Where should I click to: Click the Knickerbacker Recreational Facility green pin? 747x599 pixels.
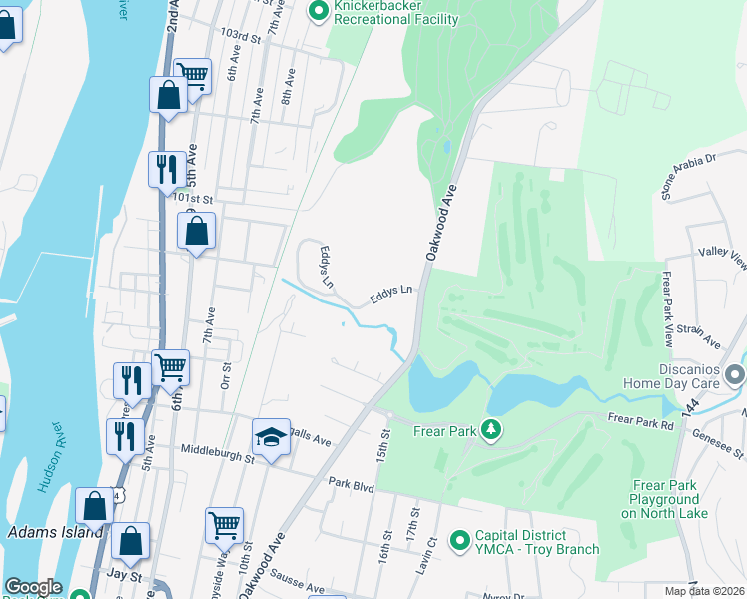[x=320, y=12]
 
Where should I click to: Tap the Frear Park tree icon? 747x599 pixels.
[x=490, y=430]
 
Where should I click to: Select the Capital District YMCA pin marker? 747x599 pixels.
[x=460, y=540]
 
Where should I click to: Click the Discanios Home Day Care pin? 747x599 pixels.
[x=736, y=375]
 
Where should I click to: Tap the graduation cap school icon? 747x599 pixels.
[x=271, y=437]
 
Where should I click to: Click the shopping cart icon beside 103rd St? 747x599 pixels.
[x=192, y=73]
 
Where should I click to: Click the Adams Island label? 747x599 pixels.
[x=54, y=532]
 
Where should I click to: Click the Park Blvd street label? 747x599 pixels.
[x=350, y=482]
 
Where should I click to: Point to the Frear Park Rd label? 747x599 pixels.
[x=641, y=423]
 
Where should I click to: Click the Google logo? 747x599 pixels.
[x=33, y=587]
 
